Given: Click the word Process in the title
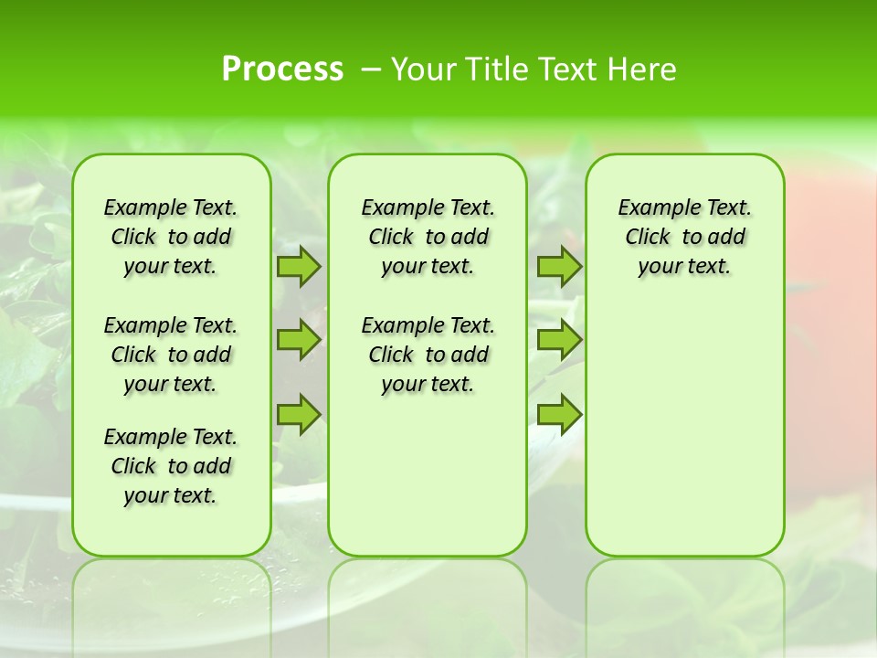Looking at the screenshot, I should (282, 69).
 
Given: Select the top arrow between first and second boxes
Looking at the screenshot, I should (298, 266).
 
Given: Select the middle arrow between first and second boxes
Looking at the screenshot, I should (298, 340).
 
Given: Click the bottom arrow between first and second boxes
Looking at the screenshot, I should (298, 414).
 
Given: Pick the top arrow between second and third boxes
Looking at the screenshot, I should (559, 266).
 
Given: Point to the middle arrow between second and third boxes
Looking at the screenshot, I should (559, 340).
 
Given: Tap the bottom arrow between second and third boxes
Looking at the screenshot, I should (559, 414).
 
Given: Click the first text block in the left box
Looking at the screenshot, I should (171, 237).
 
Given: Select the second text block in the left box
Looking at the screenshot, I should (171, 355).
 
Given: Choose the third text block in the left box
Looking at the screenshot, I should (171, 466).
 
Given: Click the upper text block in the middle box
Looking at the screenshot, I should (428, 237).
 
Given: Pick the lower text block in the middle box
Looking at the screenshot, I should (428, 355).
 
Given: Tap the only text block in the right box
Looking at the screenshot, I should (684, 237).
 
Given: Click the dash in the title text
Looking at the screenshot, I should (371, 69).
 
